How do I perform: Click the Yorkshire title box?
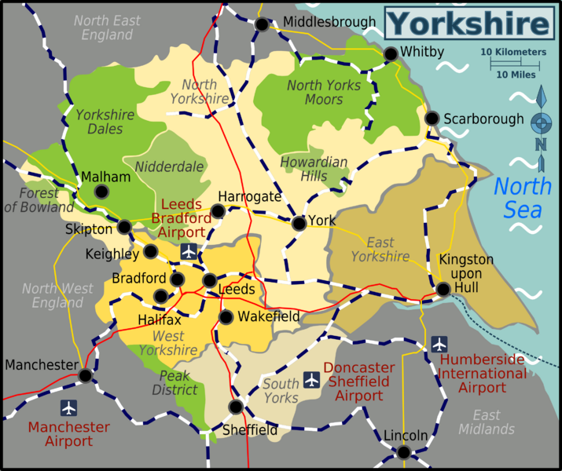469,23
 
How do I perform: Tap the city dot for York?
299,224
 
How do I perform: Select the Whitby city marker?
391,53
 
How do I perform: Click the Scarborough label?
483,119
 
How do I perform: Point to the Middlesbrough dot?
262,24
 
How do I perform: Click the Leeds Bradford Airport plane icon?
189,251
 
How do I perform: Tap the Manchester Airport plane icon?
69,408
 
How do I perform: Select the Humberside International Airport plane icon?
439,344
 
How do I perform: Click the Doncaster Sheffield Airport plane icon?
312,380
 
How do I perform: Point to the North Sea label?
522,198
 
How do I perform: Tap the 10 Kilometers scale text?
513,52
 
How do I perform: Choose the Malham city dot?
102,192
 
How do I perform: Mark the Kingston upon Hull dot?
443,289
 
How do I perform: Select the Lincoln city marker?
403,452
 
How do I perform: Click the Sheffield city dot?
235,407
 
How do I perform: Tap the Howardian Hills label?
314,170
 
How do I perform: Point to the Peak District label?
175,383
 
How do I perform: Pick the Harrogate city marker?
218,210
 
